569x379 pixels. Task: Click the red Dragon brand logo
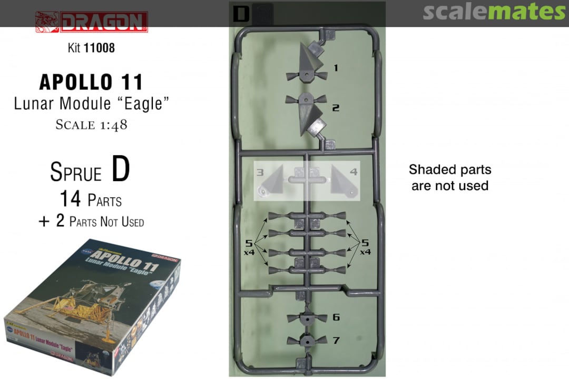[x=92, y=22]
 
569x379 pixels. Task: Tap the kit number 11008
[x=99, y=47]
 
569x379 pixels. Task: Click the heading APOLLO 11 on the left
[x=91, y=82]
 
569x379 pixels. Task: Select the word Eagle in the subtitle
[x=143, y=104]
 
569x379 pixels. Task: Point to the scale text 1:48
[x=114, y=125]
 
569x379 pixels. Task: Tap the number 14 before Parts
[x=70, y=199]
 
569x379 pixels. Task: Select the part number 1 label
[x=336, y=68]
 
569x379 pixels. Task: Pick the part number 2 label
[x=336, y=108]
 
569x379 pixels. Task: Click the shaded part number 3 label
[x=260, y=172]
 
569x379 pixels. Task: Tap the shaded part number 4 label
[x=354, y=172]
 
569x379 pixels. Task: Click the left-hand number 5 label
[x=249, y=243]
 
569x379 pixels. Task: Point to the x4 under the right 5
[x=365, y=252]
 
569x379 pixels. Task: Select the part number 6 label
[x=336, y=317]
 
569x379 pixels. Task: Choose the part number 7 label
[x=336, y=341]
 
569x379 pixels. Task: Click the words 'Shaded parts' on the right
[x=450, y=169]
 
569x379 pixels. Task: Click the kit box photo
[x=93, y=307]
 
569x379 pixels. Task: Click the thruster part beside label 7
[x=307, y=341]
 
